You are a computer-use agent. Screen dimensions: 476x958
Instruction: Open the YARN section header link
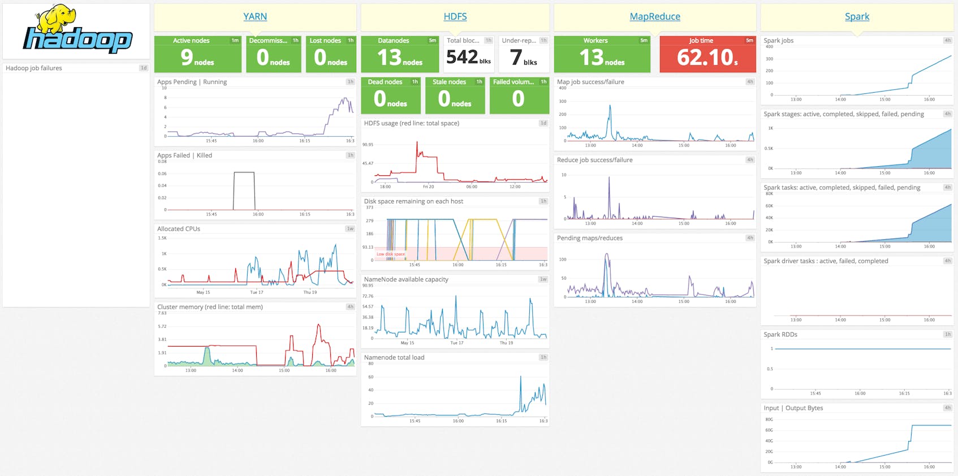pos(255,17)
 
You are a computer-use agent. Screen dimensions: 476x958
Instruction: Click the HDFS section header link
pos(455,17)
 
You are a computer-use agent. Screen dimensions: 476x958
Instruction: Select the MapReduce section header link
pos(655,17)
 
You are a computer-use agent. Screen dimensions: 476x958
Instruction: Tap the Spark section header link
pos(857,17)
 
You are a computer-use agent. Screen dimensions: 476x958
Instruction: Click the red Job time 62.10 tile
pos(707,57)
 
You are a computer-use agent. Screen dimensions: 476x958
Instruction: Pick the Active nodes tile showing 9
pos(197,57)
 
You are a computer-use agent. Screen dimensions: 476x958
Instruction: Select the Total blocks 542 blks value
pos(468,57)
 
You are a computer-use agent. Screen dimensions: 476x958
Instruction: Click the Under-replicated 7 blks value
pos(523,57)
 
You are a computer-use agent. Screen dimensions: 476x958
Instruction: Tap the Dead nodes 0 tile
pos(390,99)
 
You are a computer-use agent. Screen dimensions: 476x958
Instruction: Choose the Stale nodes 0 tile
pos(455,99)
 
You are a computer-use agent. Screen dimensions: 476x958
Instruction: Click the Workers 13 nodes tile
pos(602,57)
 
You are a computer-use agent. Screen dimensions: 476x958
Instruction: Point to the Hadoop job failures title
pos(34,68)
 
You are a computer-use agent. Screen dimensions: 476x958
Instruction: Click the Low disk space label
pos(391,254)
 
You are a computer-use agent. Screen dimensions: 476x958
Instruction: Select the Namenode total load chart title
pos(394,357)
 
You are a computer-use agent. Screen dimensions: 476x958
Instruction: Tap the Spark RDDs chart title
pos(780,335)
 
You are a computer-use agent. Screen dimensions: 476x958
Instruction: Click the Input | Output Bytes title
pos(793,408)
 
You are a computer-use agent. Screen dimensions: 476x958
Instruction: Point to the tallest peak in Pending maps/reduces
pos(607,255)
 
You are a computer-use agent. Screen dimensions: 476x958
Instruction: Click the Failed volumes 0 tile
pos(519,99)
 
